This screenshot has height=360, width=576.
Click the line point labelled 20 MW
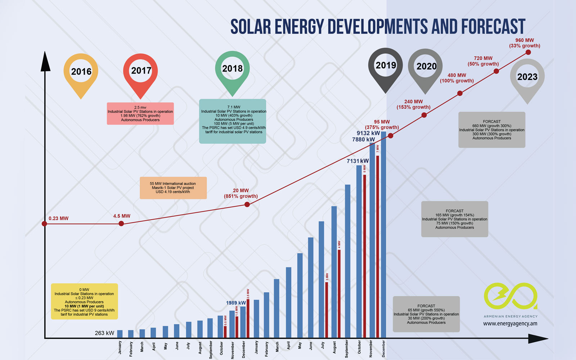(x=247, y=204)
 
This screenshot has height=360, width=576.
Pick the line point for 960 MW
(x=528, y=52)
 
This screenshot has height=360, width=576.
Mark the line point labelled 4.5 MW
(x=121, y=224)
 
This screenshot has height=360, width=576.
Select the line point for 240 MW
(x=424, y=115)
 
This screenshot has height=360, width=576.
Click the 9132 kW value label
(x=368, y=133)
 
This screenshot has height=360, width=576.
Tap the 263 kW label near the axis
(x=104, y=333)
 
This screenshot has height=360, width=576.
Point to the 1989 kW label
(x=236, y=303)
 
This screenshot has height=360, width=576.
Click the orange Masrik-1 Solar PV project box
(x=173, y=188)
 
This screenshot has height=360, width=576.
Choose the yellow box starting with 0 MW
(x=84, y=302)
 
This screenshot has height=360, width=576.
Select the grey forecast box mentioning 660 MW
(x=492, y=130)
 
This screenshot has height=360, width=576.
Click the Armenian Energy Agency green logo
(x=510, y=296)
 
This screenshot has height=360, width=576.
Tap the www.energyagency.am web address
(x=510, y=324)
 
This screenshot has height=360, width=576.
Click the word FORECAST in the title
(x=493, y=27)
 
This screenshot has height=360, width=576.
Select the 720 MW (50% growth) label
(x=483, y=61)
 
